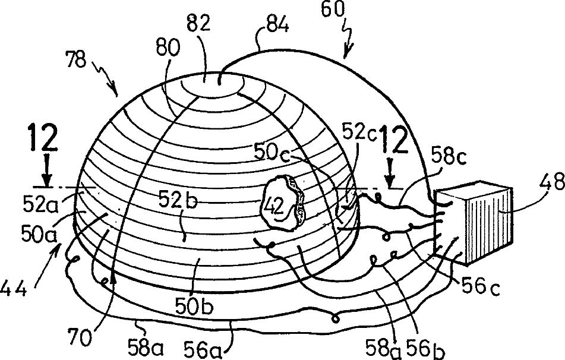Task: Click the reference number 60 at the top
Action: click(x=332, y=10)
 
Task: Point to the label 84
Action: click(x=277, y=25)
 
